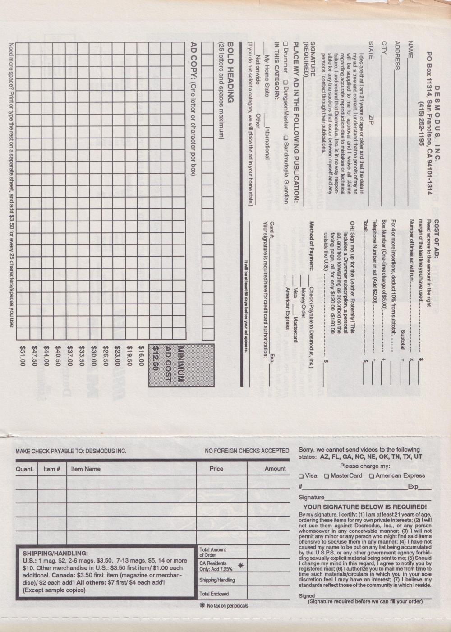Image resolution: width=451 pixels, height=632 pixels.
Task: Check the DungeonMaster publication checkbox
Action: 285,83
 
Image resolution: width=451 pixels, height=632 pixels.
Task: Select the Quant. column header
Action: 25,469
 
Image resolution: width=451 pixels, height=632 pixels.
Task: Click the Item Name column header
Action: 86,469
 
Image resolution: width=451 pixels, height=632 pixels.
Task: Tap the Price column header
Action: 216,469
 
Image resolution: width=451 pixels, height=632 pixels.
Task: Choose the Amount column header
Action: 275,469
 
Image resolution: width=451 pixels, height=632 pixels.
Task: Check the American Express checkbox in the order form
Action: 372,476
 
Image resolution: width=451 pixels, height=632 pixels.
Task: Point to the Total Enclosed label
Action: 214,594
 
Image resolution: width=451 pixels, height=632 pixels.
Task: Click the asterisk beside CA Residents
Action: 240,566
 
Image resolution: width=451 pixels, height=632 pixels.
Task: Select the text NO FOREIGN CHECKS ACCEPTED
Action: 247,451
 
